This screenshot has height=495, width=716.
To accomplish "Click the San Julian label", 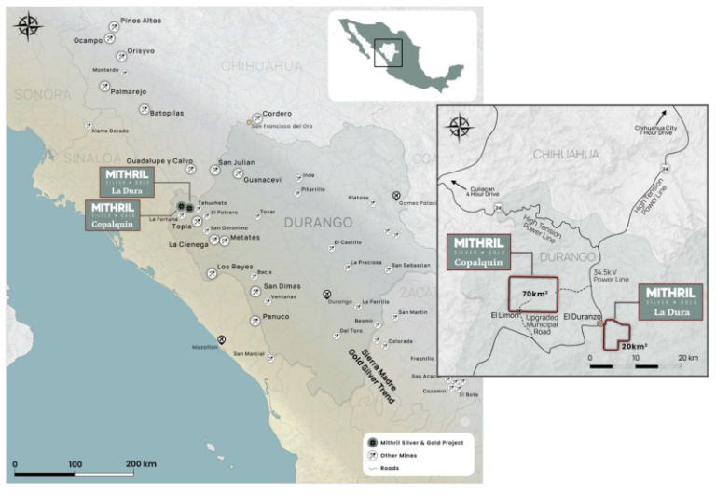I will pyautogui.click(x=236, y=163).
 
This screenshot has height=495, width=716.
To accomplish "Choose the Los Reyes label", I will pyautogui.click(x=235, y=268).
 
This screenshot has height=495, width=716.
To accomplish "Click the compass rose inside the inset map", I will pyautogui.click(x=461, y=128).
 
